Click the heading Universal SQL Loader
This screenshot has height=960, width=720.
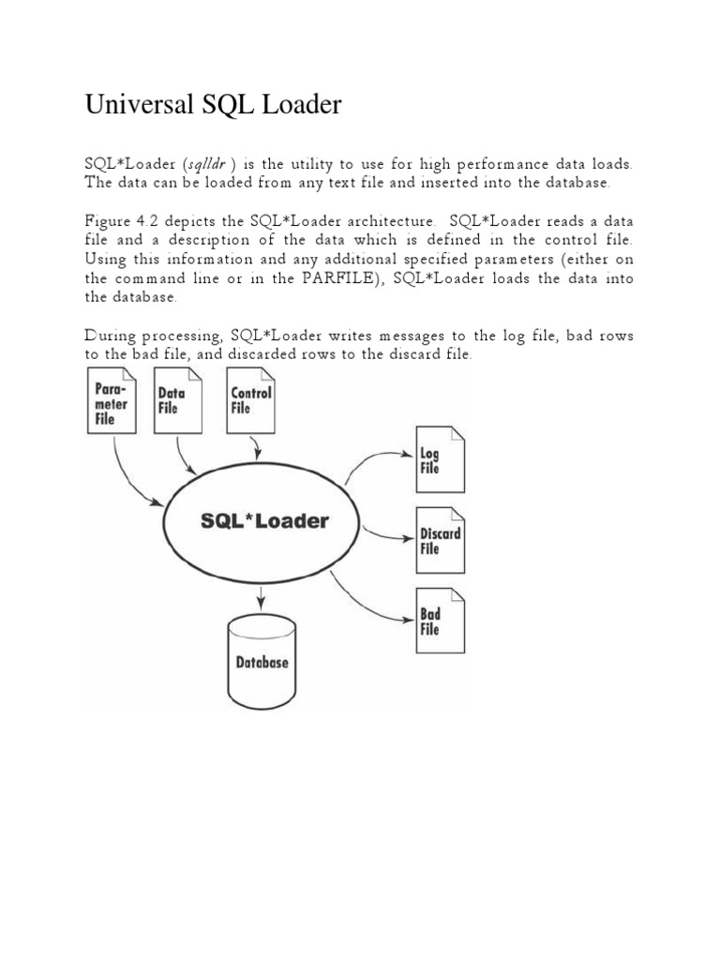[213, 106]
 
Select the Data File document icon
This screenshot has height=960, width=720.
[177, 400]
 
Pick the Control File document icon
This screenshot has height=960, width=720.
[250, 400]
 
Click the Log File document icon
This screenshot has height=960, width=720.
[440, 460]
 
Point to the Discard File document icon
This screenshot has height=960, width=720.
[440, 541]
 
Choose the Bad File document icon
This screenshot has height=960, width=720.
[440, 621]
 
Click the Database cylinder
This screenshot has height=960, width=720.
[262, 660]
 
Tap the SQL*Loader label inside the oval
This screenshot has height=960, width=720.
[265, 521]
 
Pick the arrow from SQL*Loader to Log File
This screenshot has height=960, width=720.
[375, 459]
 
